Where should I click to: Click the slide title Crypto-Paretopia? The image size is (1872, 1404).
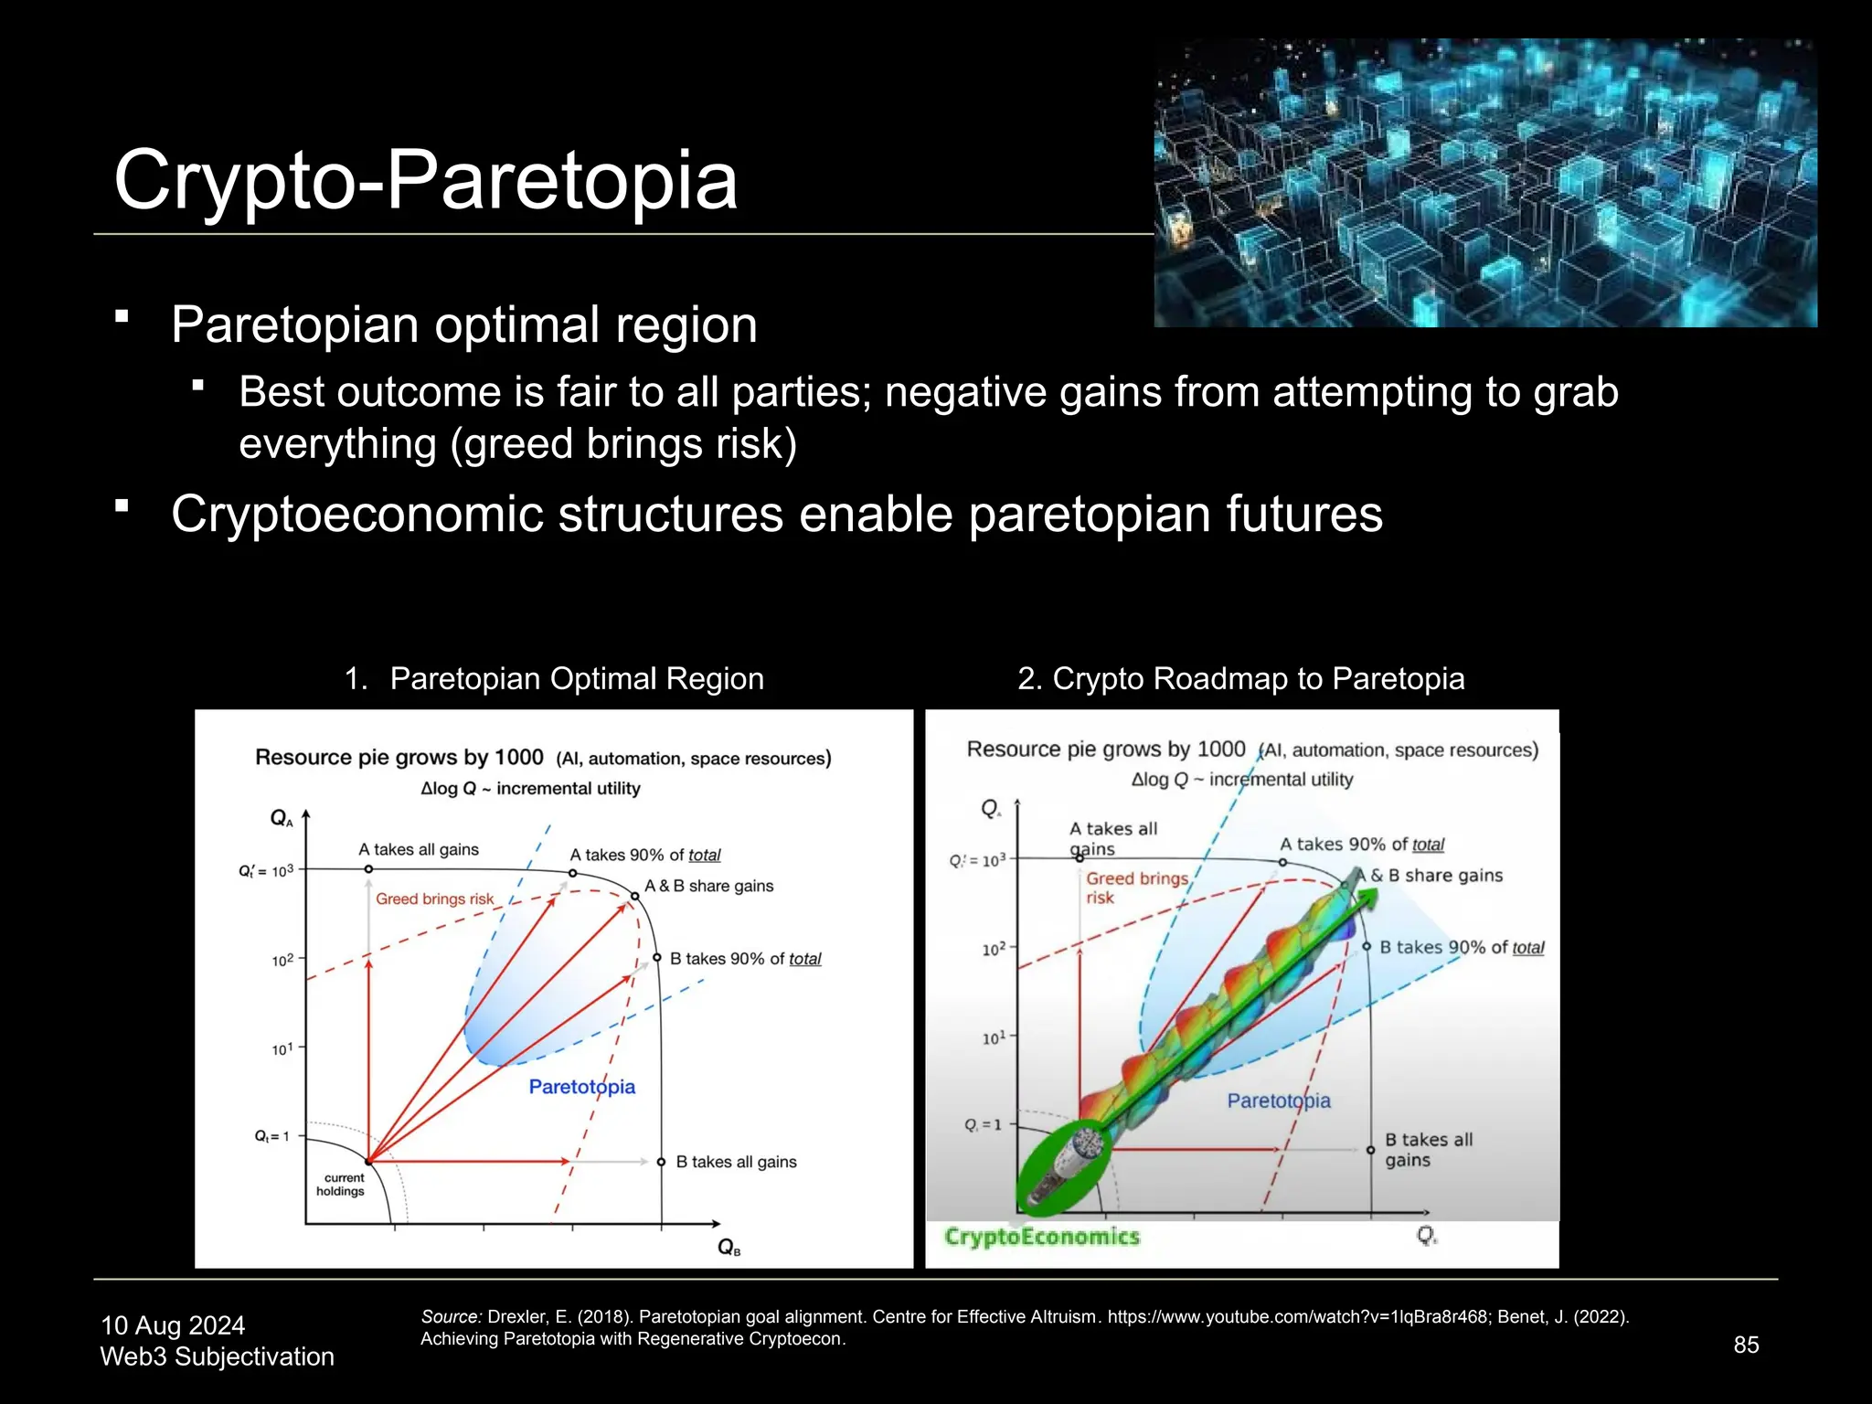425,180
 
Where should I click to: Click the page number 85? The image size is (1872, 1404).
1746,1345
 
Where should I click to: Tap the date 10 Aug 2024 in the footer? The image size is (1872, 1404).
173,1325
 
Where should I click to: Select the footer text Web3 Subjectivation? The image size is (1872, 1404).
217,1356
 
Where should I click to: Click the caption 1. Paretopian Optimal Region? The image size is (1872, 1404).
554,679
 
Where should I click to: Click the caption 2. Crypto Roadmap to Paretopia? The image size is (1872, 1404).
1240,679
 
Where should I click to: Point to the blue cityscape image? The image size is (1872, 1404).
1484,183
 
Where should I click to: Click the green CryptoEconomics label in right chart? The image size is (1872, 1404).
1042,1237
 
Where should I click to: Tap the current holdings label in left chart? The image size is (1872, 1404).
341,1185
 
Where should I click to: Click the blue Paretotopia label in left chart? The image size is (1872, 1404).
581,1087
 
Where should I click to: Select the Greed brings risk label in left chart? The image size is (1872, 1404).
434,899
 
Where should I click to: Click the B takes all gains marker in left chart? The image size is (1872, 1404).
661,1162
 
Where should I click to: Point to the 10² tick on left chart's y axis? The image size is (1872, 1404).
283,961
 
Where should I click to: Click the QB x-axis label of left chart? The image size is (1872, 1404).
729,1247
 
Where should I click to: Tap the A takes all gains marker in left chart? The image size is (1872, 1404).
368,869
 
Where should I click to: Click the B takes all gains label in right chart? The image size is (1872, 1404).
1428,1150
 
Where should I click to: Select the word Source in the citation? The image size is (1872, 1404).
450,1317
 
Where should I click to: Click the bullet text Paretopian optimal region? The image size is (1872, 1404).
464,325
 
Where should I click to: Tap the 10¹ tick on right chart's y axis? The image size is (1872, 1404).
994,1038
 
